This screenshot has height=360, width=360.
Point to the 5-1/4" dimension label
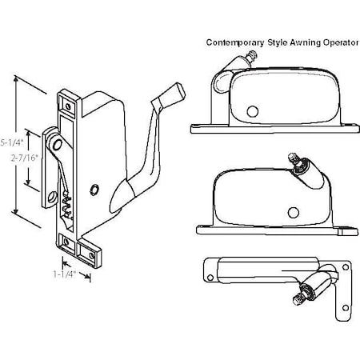click(10, 142)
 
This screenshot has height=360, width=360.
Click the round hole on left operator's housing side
click(95, 190)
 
